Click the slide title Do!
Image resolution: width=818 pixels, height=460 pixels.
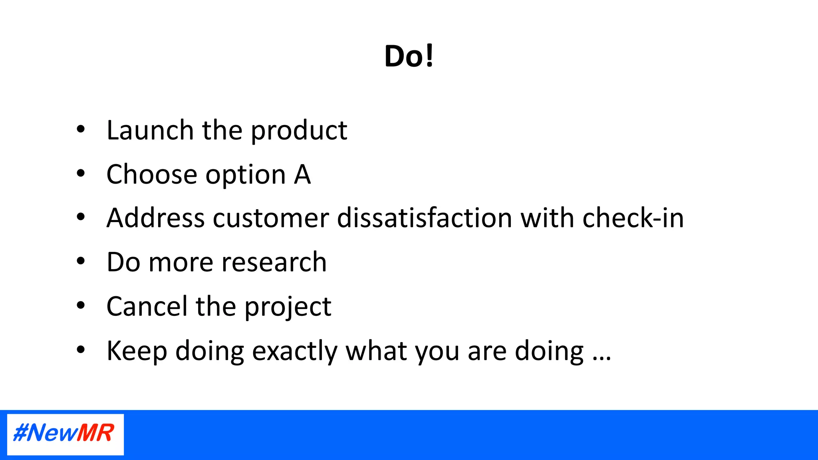coord(409,56)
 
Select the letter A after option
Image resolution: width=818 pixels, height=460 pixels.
coord(302,174)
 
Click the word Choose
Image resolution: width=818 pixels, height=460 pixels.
coord(152,174)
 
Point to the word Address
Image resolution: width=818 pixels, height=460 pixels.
coord(155,218)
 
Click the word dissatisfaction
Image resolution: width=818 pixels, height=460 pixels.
coord(424,218)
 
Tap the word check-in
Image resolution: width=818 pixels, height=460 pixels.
coord(633,218)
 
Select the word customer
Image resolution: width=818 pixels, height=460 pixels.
coord(270,219)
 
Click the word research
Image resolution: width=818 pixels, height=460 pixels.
coord(274,263)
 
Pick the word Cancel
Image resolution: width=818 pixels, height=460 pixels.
coord(147,307)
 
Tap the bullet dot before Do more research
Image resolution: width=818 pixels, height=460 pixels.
coord(81,261)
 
